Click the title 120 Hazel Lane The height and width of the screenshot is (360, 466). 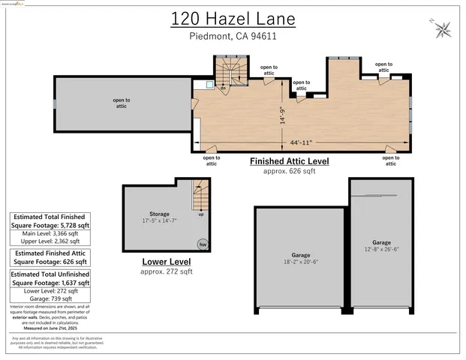coord(233,18)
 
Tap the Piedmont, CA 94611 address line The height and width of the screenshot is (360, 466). coord(233,35)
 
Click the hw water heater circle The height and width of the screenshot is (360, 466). coord(202,244)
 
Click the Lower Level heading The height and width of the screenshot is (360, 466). coord(166,262)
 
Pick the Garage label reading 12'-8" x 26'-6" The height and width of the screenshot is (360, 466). coord(381,247)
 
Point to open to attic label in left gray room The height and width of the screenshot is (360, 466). coord(121,103)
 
